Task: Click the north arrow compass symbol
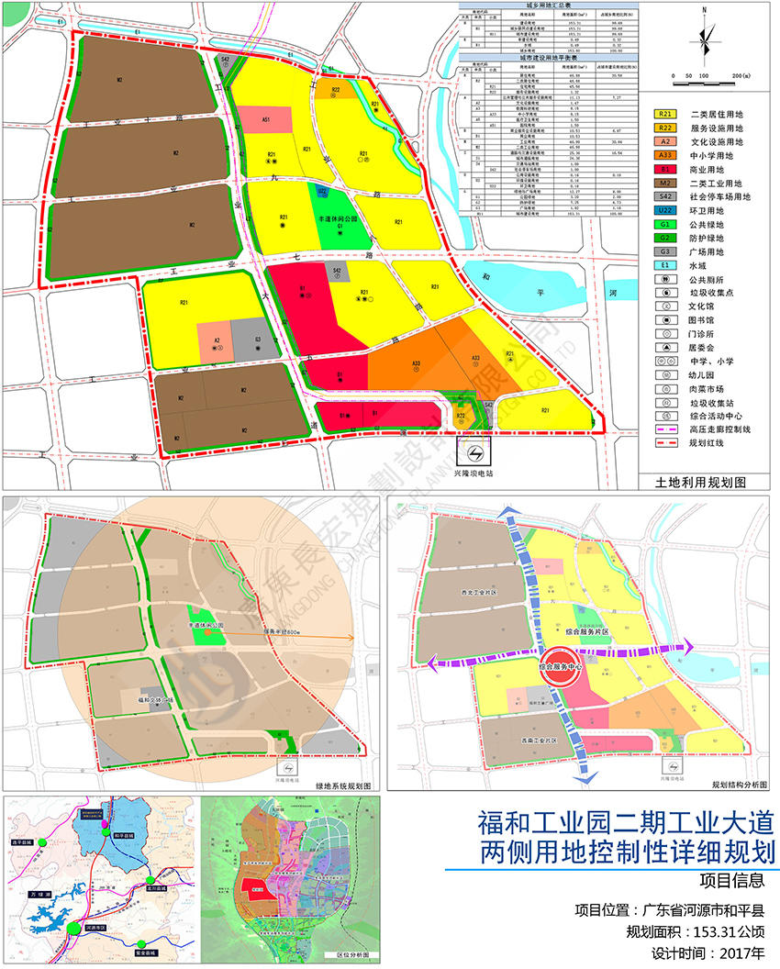(x=705, y=37)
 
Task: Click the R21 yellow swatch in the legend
(x=666, y=114)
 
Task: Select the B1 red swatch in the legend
(x=666, y=170)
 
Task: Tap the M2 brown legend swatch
(x=666, y=184)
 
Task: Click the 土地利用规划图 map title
(x=700, y=481)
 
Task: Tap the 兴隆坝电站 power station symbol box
(x=475, y=455)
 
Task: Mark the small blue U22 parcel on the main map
(x=323, y=192)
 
